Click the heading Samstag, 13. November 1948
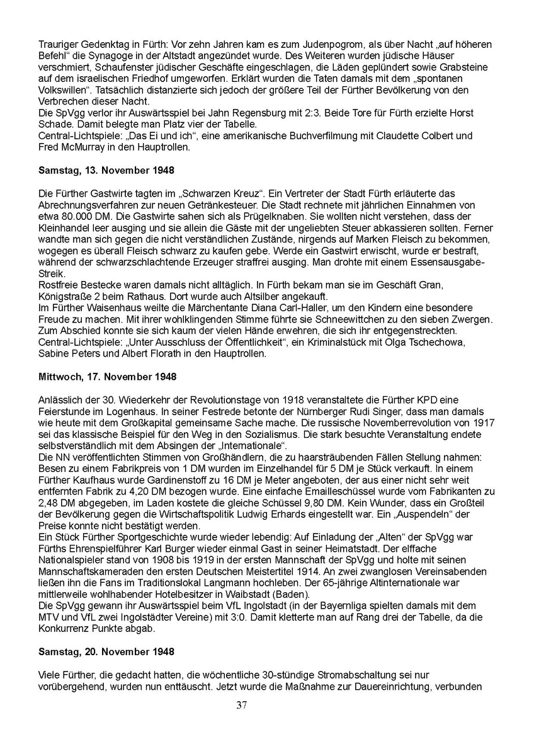[106, 170]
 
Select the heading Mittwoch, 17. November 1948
[108, 377]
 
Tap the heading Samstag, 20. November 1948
[106, 651]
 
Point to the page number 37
[242, 705]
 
